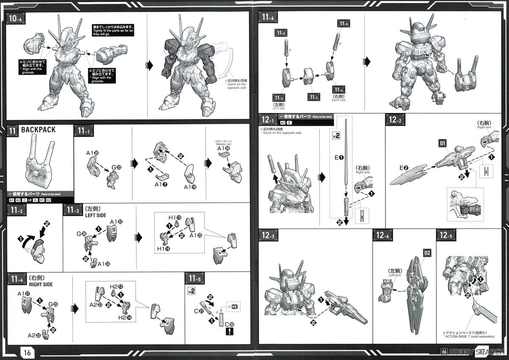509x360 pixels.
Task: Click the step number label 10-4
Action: tap(15, 19)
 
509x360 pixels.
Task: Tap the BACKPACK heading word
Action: tap(38, 130)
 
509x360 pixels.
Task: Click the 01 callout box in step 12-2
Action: tap(442, 143)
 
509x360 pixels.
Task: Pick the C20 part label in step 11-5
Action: tap(229, 324)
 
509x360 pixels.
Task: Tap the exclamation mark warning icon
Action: tap(229, 332)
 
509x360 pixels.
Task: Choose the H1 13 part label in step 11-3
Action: tap(176, 218)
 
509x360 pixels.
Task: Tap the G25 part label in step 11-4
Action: tap(53, 304)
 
